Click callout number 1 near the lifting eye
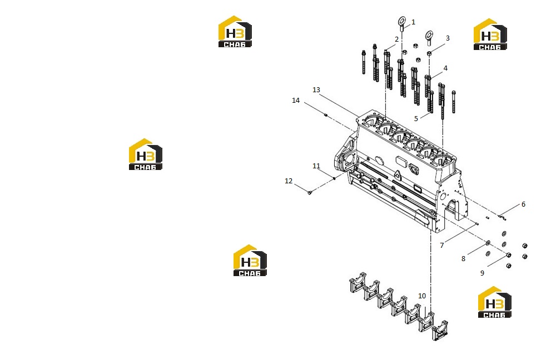point(413,22)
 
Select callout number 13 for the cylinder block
point(316,89)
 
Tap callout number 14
point(296,100)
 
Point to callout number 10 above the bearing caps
point(422,296)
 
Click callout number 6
point(523,204)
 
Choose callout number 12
point(289,181)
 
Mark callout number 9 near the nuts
point(482,273)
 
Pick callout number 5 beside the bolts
point(416,118)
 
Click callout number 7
point(442,245)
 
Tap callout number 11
point(316,166)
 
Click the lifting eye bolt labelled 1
point(402,23)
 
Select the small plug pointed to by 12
point(310,192)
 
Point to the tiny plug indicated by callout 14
point(326,115)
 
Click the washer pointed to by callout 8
point(488,243)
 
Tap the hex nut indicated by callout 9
point(509,255)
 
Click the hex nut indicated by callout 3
point(429,53)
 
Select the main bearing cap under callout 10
point(425,322)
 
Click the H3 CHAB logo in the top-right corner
point(490,34)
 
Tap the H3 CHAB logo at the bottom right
point(495,302)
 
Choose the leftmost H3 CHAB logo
point(145,154)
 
